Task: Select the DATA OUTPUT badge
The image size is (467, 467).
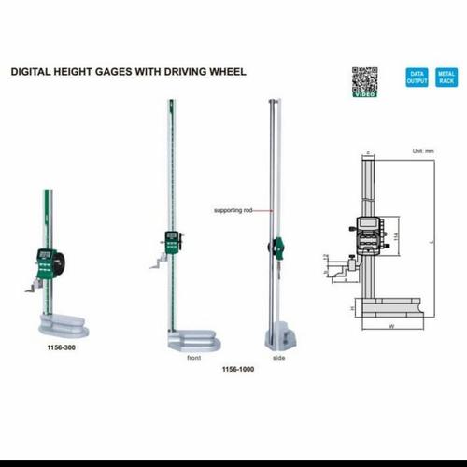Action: pyautogui.click(x=416, y=78)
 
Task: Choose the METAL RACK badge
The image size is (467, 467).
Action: pyautogui.click(x=446, y=78)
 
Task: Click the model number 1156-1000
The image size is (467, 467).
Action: pyautogui.click(x=237, y=369)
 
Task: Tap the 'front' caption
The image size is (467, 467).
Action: pyautogui.click(x=193, y=357)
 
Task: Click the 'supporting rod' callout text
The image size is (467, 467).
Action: pyautogui.click(x=233, y=210)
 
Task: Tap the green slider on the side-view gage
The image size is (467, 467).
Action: pyautogui.click(x=277, y=248)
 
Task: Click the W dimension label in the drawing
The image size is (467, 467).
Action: pyautogui.click(x=389, y=327)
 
